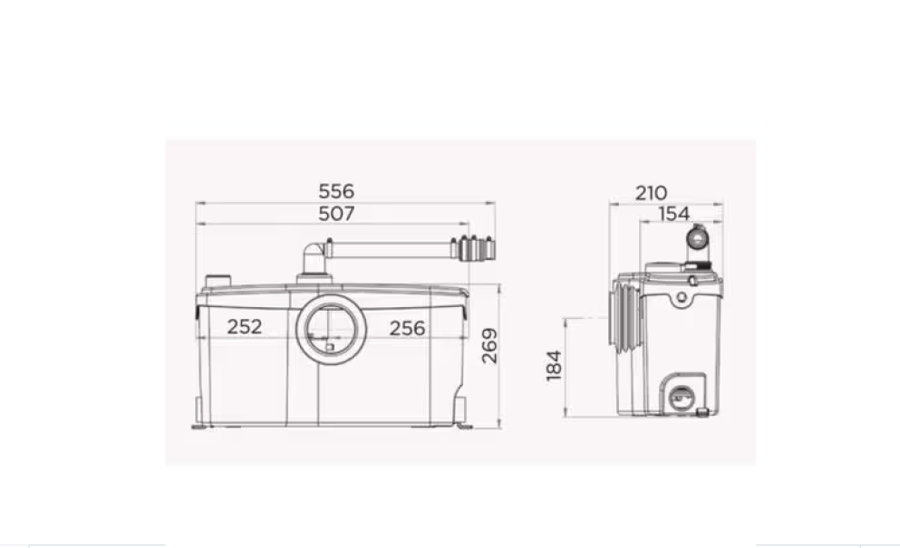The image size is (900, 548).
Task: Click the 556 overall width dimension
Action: coord(336,192)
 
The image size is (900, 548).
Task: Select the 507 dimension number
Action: coord(336,214)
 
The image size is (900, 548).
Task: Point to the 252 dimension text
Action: coord(245,327)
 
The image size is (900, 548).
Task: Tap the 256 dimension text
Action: coord(407,328)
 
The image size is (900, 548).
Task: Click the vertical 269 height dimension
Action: coord(489,346)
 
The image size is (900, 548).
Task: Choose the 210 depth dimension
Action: coord(651,193)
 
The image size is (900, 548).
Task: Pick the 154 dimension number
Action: coord(673,214)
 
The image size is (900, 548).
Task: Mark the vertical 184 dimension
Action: coord(555,366)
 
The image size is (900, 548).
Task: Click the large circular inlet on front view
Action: coord(328,328)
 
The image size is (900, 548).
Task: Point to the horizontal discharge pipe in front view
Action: coord(390,249)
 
